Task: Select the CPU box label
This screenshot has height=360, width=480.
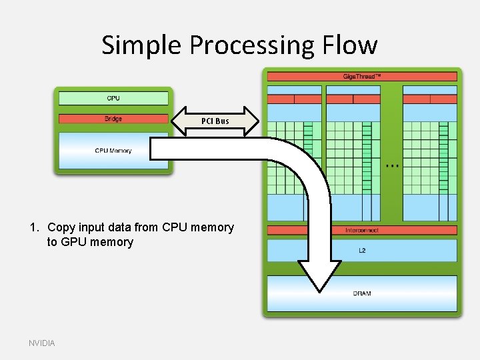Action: [x=113, y=98]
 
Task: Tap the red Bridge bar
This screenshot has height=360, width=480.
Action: [x=113, y=119]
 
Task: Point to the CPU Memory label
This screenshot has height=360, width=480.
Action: [x=113, y=151]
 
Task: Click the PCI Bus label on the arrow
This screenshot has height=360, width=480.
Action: [x=215, y=121]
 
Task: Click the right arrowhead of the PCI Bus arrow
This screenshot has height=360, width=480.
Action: [x=251, y=121]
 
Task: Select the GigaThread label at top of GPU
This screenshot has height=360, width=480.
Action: [x=362, y=77]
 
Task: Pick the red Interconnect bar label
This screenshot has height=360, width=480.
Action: [x=362, y=230]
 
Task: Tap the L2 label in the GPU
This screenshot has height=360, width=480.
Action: [x=362, y=251]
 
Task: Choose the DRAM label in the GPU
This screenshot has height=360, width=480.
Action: [x=362, y=293]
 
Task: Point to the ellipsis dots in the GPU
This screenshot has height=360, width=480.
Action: [x=392, y=165]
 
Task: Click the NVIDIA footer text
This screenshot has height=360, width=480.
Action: [x=42, y=343]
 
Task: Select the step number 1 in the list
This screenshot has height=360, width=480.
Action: [x=33, y=227]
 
